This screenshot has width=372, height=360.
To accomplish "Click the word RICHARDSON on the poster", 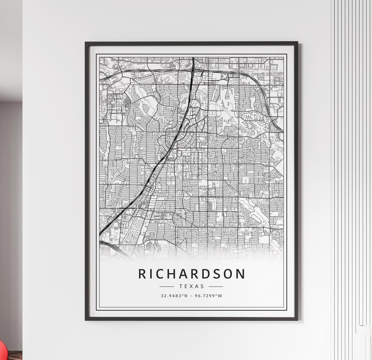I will tap(192, 274).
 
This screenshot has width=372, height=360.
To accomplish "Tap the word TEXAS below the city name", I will tap(192, 286).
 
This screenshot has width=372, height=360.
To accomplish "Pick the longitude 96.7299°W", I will tap(209, 296).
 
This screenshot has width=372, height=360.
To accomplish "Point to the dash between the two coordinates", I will tap(192, 296).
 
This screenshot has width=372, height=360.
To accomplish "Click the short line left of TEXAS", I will tap(167, 286).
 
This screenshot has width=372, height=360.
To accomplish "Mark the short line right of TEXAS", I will tap(216, 286).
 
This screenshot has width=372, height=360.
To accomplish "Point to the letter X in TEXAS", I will tap(192, 286).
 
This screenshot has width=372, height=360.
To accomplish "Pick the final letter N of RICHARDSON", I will tap(241, 274).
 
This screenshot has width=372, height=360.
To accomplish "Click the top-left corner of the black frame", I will tap(86, 43).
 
